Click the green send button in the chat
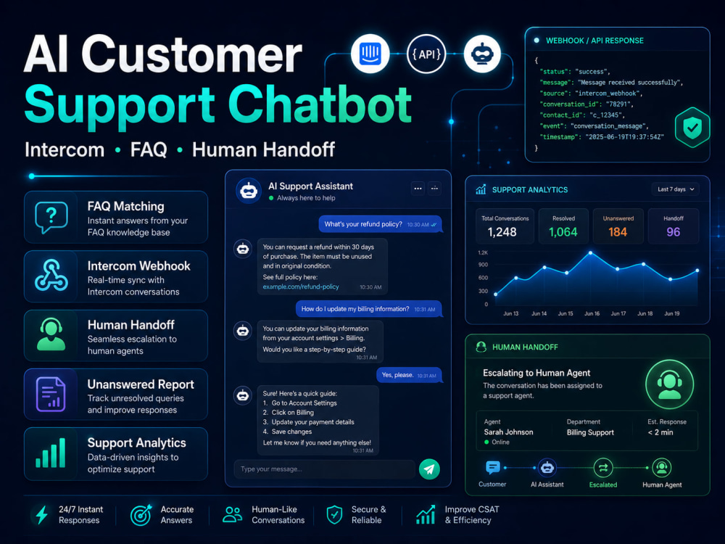point(429,469)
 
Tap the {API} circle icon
point(426,54)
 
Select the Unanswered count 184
point(618,232)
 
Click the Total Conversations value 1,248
point(502,232)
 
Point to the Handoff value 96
point(674,232)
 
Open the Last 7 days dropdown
point(676,189)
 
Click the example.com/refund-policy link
point(301,287)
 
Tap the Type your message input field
point(324,469)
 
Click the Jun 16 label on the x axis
point(592,313)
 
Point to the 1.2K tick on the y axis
point(483,252)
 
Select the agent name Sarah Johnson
point(508,432)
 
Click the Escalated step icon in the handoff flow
point(603,468)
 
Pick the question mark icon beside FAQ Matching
point(51,217)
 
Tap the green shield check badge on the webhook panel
point(692,128)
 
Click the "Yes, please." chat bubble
point(409,375)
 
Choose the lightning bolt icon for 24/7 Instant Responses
point(42,515)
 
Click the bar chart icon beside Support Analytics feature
point(51,453)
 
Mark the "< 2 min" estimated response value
point(660,432)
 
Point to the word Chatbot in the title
point(320,104)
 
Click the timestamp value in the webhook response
point(625,137)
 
